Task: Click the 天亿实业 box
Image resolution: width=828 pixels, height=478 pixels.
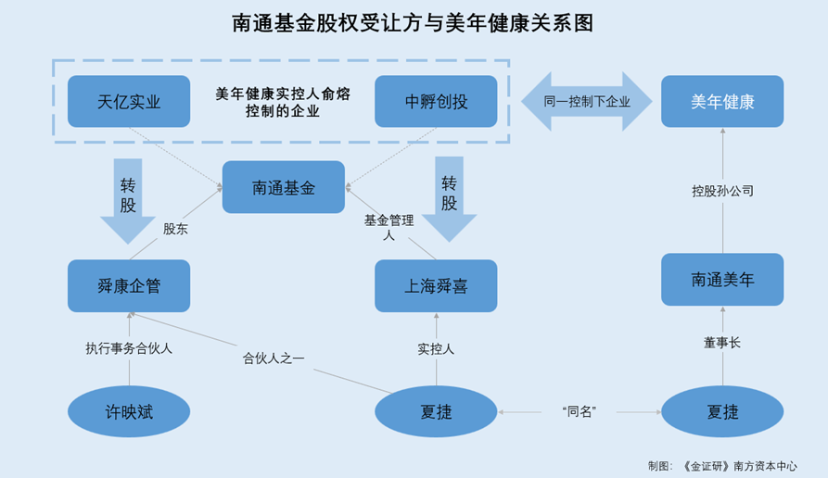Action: (x=129, y=101)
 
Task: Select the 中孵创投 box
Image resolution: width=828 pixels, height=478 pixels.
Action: (x=436, y=101)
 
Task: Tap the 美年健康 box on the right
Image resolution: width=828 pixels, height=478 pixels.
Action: (x=722, y=101)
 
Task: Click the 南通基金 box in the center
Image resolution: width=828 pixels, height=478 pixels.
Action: (x=283, y=187)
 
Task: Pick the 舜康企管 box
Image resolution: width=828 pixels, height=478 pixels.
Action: (x=129, y=285)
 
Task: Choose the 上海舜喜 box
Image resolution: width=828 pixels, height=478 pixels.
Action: (x=436, y=285)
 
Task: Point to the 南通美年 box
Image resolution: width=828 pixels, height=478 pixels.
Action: (x=722, y=279)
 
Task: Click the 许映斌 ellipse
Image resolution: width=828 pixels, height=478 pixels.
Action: (x=129, y=411)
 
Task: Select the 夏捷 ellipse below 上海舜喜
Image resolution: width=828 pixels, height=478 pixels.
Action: (x=436, y=411)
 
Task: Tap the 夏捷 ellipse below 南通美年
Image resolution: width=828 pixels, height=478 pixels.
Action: (x=722, y=411)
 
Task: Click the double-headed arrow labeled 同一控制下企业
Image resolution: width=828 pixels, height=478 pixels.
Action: (x=586, y=101)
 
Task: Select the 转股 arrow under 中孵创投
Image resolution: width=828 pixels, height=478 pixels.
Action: (x=449, y=197)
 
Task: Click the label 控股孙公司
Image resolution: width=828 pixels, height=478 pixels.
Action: (x=722, y=191)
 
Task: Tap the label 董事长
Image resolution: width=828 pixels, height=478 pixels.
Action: (x=722, y=343)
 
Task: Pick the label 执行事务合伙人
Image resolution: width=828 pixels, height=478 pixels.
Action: (x=129, y=348)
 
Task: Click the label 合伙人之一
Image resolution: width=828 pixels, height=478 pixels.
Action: (x=274, y=358)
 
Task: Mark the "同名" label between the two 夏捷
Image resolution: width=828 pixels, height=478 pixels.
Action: (x=579, y=411)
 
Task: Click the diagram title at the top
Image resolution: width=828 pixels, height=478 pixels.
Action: (x=413, y=23)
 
